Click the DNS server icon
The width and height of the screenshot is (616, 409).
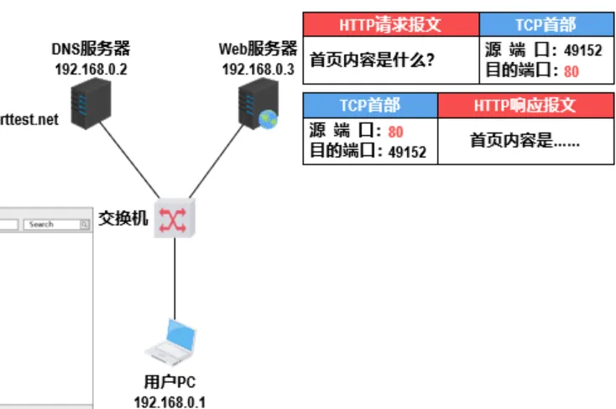(x=91, y=105)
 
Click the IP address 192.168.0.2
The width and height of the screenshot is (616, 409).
(x=91, y=69)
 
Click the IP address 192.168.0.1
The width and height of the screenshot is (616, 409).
(x=169, y=401)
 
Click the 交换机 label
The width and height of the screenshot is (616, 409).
(x=123, y=220)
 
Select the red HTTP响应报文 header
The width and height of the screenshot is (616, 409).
(x=525, y=105)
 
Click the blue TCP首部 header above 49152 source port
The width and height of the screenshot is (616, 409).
(x=546, y=24)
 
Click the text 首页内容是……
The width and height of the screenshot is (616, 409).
(x=525, y=141)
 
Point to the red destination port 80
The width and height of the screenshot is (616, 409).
(x=571, y=71)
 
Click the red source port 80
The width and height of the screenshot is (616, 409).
(x=396, y=132)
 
